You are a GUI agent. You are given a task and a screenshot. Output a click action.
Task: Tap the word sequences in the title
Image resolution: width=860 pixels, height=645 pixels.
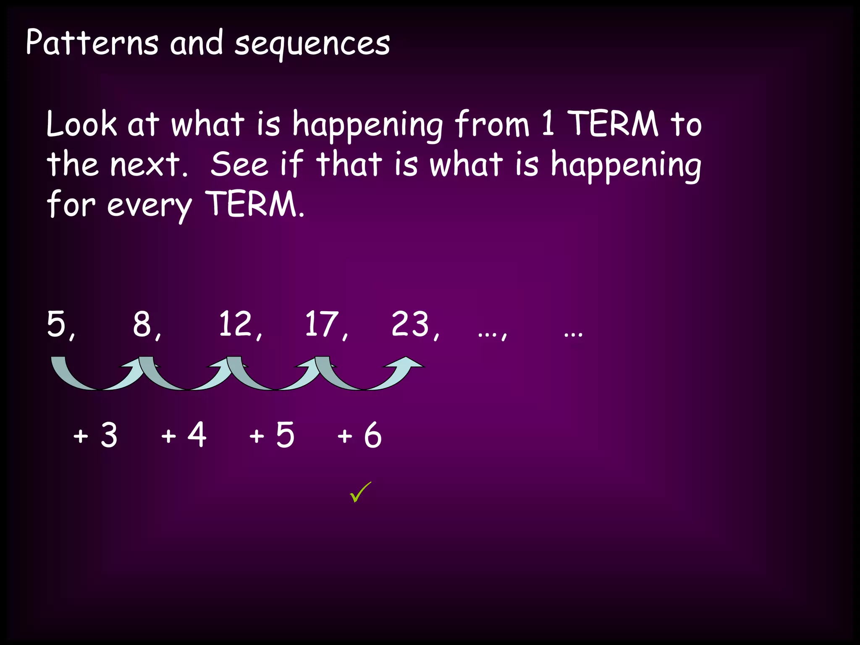click(x=312, y=45)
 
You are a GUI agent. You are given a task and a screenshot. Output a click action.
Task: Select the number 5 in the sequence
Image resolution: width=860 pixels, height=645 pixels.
click(x=57, y=324)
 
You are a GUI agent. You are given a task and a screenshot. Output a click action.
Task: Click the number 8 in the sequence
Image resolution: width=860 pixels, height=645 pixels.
click(x=142, y=324)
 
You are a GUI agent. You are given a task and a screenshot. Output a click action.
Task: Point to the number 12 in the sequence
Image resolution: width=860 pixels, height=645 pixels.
click(x=235, y=324)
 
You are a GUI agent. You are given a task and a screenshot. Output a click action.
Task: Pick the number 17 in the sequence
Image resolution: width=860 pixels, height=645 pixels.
click(x=322, y=324)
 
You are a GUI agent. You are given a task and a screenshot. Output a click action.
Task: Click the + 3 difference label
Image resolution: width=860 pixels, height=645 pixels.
click(x=95, y=435)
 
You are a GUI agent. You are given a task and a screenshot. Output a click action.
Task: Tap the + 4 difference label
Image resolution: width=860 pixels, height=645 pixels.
click(x=184, y=435)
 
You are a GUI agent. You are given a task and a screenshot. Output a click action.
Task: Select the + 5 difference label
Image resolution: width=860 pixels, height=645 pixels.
click(x=272, y=435)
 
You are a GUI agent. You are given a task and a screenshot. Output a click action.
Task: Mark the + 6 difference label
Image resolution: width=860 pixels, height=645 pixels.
click(x=359, y=435)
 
